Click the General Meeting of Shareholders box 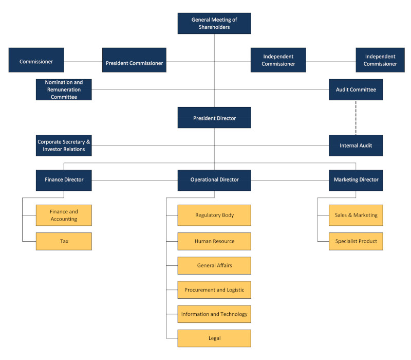[214, 23]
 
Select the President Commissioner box [134, 60]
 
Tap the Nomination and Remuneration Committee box [64, 89]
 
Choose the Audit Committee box [356, 89]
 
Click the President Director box [214, 118]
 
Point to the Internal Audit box [356, 146]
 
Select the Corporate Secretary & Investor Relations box [64, 146]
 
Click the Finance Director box [64, 181]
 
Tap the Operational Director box [214, 181]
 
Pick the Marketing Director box [356, 181]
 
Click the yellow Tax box [64, 241]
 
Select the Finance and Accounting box [64, 215]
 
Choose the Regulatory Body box [214, 215]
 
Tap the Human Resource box [214, 241]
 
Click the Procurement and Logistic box [214, 290]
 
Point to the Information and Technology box [214, 314]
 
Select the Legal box [214, 338]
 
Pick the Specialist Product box [356, 241]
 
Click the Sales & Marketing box [356, 215]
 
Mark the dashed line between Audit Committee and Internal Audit [356, 118]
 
